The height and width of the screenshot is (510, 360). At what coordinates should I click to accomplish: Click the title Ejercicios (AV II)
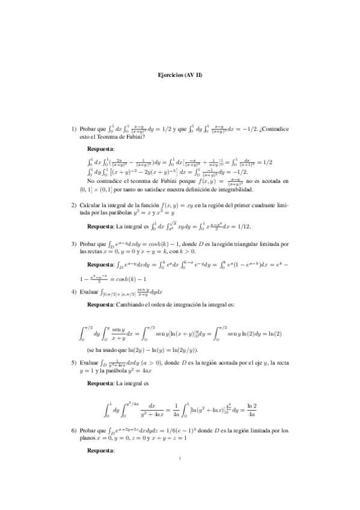180,76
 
